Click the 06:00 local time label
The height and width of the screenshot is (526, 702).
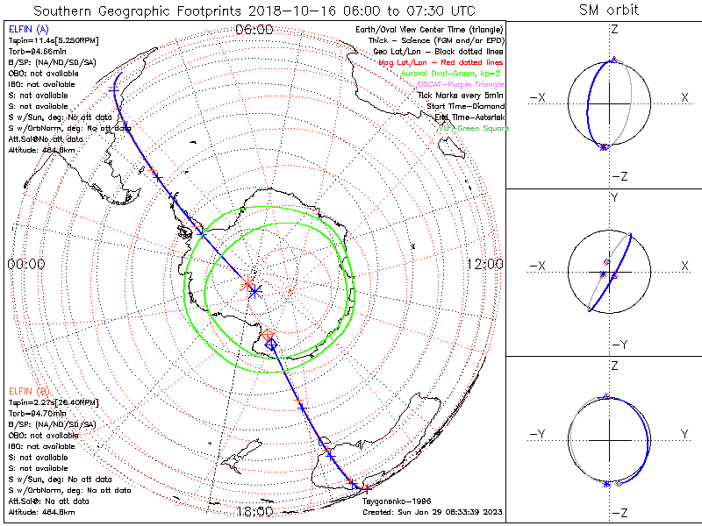[x=254, y=29]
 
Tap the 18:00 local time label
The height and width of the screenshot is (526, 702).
[x=254, y=511]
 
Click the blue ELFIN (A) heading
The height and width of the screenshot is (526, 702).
[x=27, y=29]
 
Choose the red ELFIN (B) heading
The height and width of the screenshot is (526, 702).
[x=28, y=389]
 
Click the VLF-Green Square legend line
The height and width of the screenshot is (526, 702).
[x=474, y=128]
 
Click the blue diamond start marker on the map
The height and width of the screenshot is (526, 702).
[x=271, y=346]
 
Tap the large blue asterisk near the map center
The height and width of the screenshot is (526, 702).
[x=254, y=291]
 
